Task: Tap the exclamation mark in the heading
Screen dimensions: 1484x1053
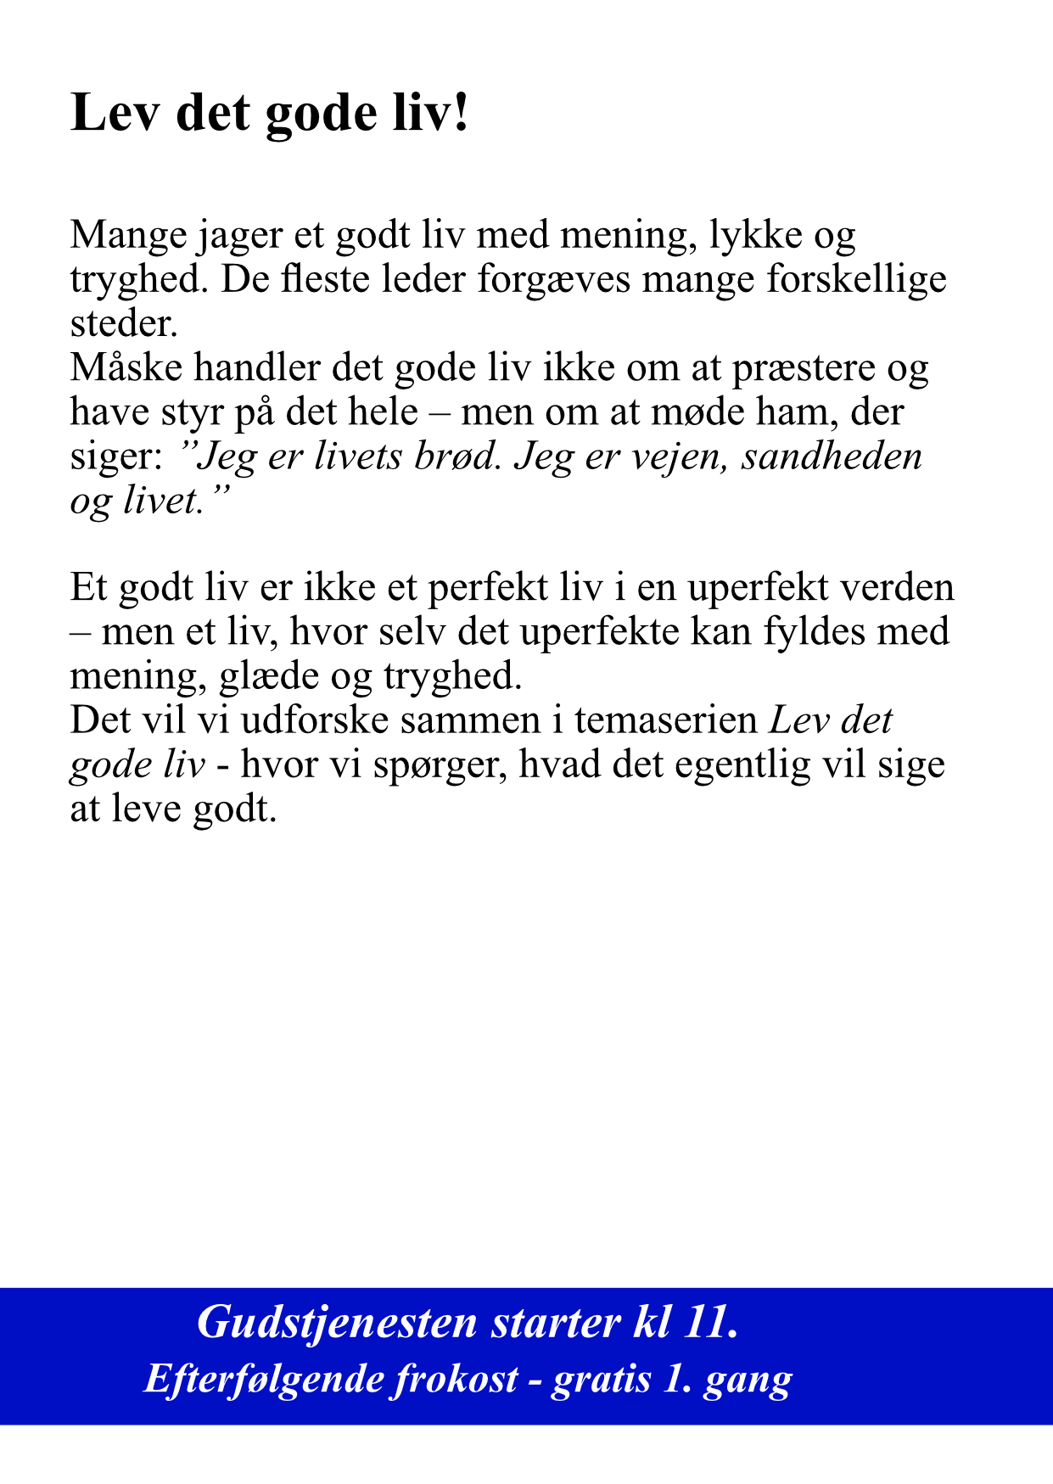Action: (461, 113)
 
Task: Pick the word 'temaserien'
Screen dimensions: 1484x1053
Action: (665, 720)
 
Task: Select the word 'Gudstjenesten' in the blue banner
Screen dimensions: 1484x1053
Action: (338, 1323)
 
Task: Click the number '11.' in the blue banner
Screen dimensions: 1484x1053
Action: (710, 1323)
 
